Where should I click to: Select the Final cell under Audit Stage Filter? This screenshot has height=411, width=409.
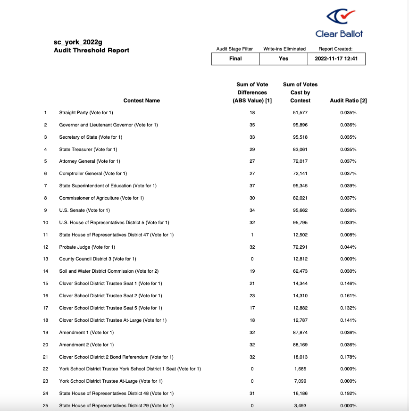235,59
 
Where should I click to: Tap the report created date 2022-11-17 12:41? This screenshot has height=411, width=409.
336,59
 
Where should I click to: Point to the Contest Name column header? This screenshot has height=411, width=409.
142,101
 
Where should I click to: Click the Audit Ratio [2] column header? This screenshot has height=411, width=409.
348,101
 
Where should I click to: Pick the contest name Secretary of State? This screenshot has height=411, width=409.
91,137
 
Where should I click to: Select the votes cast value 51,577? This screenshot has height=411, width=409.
300,112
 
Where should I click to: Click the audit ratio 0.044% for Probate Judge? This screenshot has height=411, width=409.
348,247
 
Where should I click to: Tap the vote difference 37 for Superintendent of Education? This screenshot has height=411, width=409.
252,185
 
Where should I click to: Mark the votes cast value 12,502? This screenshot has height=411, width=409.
300,235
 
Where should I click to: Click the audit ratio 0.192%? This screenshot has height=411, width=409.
348,393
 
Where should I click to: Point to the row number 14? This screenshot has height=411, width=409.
45,271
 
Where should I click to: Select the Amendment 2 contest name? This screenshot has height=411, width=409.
86,344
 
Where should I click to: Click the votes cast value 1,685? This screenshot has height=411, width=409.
300,369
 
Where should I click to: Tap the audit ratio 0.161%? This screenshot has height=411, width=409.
348,296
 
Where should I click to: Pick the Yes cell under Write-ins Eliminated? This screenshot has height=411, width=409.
284,59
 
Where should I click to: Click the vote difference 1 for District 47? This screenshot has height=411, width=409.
252,235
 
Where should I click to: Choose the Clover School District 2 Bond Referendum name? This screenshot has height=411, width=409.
116,357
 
